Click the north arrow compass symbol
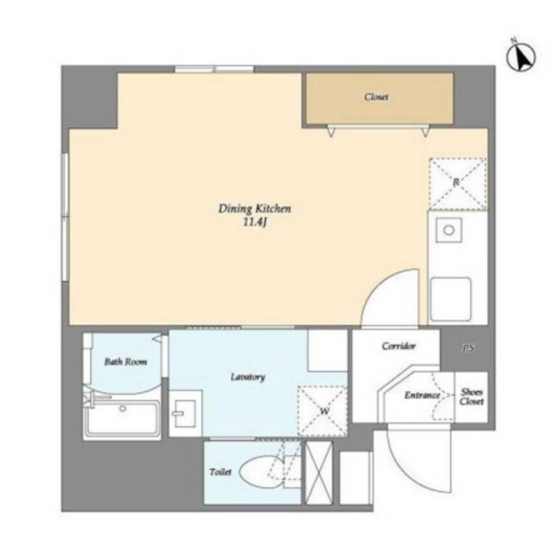(521, 56)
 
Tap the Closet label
(376, 97)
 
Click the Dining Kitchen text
(255, 208)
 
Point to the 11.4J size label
(255, 222)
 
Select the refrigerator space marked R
(458, 184)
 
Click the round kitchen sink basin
(449, 231)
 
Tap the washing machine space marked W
(323, 411)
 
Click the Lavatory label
(248, 377)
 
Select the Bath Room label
(125, 362)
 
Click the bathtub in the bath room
(122, 418)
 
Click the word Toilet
(220, 472)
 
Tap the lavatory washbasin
(185, 413)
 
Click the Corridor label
(399, 346)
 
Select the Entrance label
(422, 395)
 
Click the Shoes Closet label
(471, 396)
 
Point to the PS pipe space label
(468, 348)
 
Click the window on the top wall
(214, 69)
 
